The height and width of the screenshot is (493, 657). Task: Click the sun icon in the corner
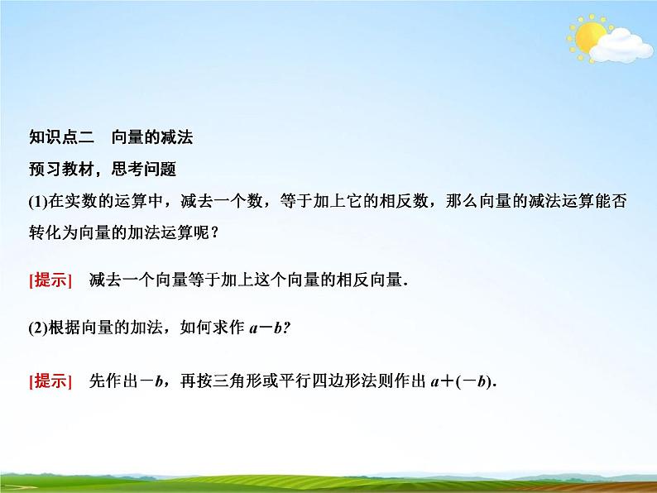click(589, 37)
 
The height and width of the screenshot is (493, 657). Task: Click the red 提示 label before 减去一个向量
click(51, 280)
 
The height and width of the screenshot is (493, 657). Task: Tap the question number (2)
click(39, 327)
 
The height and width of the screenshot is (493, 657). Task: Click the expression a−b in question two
click(265, 327)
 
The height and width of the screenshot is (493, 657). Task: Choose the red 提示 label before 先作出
click(51, 381)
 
